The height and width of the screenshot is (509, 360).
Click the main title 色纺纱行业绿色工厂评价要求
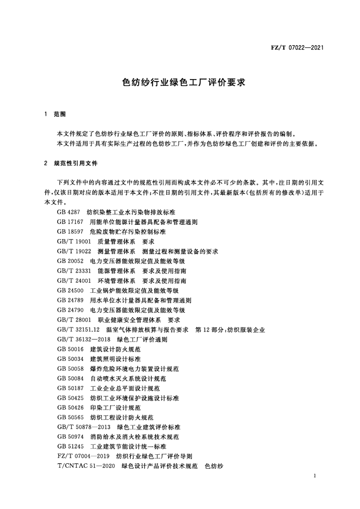pyautogui.click(x=180, y=82)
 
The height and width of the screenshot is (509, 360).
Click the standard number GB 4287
pyautogui.click(x=69, y=212)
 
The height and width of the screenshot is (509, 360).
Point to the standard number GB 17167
pyautogui.click(x=70, y=222)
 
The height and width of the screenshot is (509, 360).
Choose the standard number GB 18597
pyautogui.click(x=70, y=232)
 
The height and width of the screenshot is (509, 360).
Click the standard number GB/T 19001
pyautogui.click(x=74, y=242)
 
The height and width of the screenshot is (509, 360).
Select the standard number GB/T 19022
pyautogui.click(x=74, y=252)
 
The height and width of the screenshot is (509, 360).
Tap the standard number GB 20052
pyautogui.click(x=70, y=261)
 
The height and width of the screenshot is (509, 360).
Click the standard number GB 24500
pyautogui.click(x=70, y=291)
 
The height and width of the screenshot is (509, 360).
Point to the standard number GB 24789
pyautogui.click(x=70, y=301)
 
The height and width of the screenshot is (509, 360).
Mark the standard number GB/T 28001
pyautogui.click(x=74, y=321)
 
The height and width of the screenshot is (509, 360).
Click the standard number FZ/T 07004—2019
pyautogui.click(x=83, y=457)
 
